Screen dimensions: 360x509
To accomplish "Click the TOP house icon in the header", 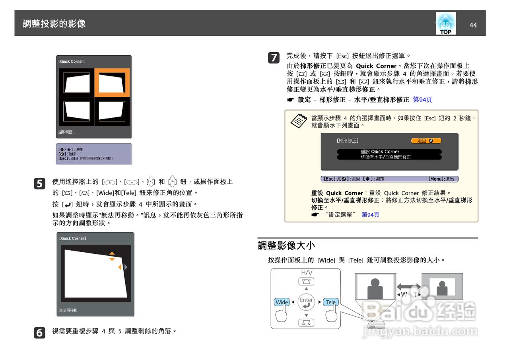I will point(446,23).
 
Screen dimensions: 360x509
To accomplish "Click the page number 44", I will point(473,25).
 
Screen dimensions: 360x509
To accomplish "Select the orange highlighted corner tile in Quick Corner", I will point(112,83).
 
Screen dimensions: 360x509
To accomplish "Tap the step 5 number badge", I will point(40,183).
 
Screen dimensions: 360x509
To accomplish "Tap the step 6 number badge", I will point(40,333).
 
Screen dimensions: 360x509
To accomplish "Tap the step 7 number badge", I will point(273,58).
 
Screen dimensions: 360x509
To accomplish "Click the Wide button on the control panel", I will point(282,302).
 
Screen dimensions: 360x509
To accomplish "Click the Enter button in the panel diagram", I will point(306,302).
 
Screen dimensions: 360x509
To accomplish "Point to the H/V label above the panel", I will point(306,273).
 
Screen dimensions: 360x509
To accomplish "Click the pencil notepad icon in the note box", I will point(299,120).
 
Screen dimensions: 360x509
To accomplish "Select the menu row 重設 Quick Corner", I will point(389,152).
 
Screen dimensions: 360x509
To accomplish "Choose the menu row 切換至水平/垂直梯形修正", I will point(389,157).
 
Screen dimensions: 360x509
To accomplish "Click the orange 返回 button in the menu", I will point(426,141).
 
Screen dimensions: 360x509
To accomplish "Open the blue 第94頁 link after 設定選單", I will point(370,215).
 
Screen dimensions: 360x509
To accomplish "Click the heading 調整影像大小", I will point(286,245).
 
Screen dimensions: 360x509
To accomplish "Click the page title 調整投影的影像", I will point(54,23).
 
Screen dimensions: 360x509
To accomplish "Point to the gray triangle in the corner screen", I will point(126,267).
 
